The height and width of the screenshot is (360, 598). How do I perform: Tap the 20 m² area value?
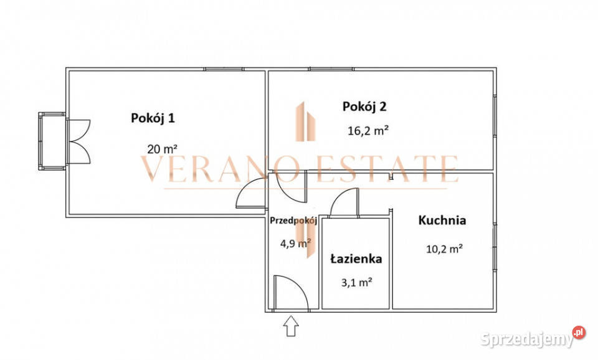(163, 149)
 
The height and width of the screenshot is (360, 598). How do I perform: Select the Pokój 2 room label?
(364, 106)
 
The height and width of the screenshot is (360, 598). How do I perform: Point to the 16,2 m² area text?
(368, 131)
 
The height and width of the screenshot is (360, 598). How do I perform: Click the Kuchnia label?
(442, 220)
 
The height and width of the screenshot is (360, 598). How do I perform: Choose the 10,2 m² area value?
(444, 249)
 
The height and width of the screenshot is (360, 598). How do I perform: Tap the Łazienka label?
(356, 258)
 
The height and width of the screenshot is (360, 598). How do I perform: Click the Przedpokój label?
(294, 220)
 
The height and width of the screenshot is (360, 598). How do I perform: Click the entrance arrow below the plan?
(291, 326)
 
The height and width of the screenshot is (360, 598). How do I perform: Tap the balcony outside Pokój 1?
(52, 141)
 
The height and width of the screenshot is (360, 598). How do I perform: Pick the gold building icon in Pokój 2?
(306, 121)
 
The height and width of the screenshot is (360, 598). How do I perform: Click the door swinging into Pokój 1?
(251, 194)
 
